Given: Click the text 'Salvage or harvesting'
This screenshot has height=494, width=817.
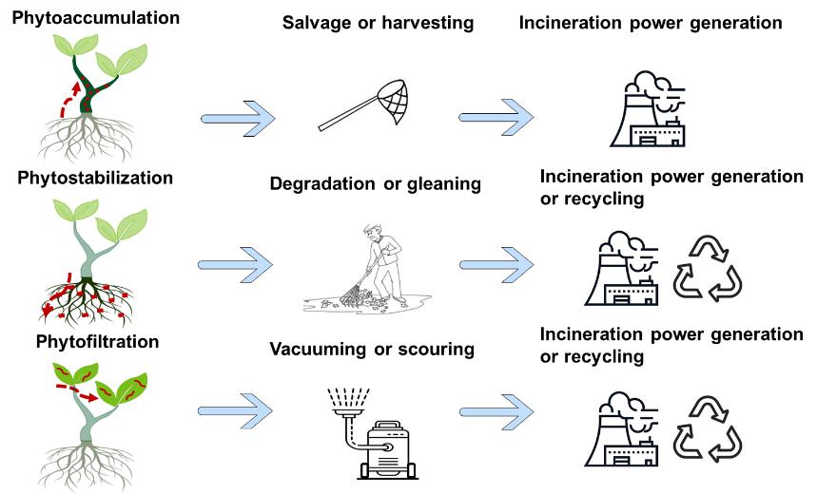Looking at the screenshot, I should click(x=378, y=22).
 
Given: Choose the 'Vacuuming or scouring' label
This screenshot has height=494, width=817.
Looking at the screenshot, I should click(x=379, y=349).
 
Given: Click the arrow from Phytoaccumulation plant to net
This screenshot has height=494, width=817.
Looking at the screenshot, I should click(x=239, y=120).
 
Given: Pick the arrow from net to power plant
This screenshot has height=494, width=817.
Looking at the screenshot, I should click(x=496, y=119).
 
